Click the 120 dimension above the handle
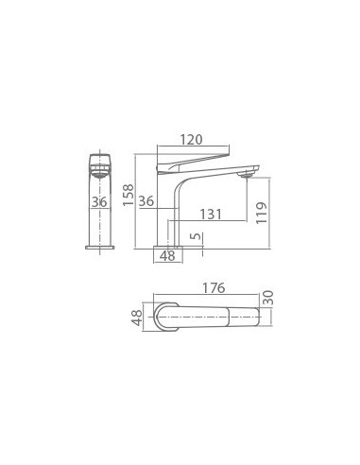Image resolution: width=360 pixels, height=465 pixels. pyautogui.click(x=191, y=140)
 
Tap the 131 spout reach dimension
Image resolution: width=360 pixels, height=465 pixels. pyautogui.click(x=211, y=215)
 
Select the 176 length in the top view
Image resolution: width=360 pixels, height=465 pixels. pyautogui.click(x=214, y=287)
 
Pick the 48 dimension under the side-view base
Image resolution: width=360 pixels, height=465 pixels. pyautogui.click(x=166, y=255)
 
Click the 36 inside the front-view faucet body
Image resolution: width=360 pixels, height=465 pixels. pyautogui.click(x=99, y=201)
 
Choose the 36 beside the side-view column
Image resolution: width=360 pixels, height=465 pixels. pyautogui.click(x=146, y=201)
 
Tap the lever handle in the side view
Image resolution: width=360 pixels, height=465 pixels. pyautogui.click(x=194, y=154)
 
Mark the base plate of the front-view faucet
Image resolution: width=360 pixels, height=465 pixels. pyautogui.click(x=99, y=248)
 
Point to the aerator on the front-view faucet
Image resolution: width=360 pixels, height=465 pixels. pyautogui.click(x=99, y=172)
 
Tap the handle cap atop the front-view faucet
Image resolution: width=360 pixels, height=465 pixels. pyautogui.click(x=99, y=156)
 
